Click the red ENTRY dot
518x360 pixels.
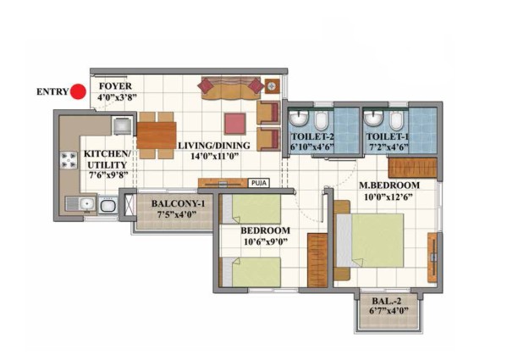click(x=79, y=91)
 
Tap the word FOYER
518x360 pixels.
click(x=115, y=86)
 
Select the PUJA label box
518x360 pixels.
click(x=259, y=183)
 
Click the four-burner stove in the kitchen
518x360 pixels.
click(x=69, y=160)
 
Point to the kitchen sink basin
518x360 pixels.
click(x=87, y=203)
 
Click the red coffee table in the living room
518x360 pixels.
click(x=235, y=124)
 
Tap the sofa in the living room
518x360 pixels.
click(x=230, y=88)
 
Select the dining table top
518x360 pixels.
click(x=156, y=136)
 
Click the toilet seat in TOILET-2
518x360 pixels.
click(x=321, y=120)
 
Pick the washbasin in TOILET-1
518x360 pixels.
click(x=373, y=119)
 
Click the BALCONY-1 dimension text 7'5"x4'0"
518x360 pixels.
click(x=177, y=214)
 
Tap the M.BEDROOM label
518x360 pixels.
click(x=389, y=186)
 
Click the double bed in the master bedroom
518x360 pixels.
click(x=370, y=241)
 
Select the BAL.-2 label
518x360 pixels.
click(x=387, y=302)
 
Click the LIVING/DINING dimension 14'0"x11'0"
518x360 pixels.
click(x=215, y=156)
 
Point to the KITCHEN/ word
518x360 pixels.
click(x=107, y=153)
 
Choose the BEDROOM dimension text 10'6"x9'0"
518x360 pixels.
click(x=265, y=242)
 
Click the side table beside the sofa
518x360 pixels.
click(x=272, y=86)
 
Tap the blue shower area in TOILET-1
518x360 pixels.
click(x=423, y=130)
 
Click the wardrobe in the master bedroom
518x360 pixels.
click(x=412, y=168)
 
